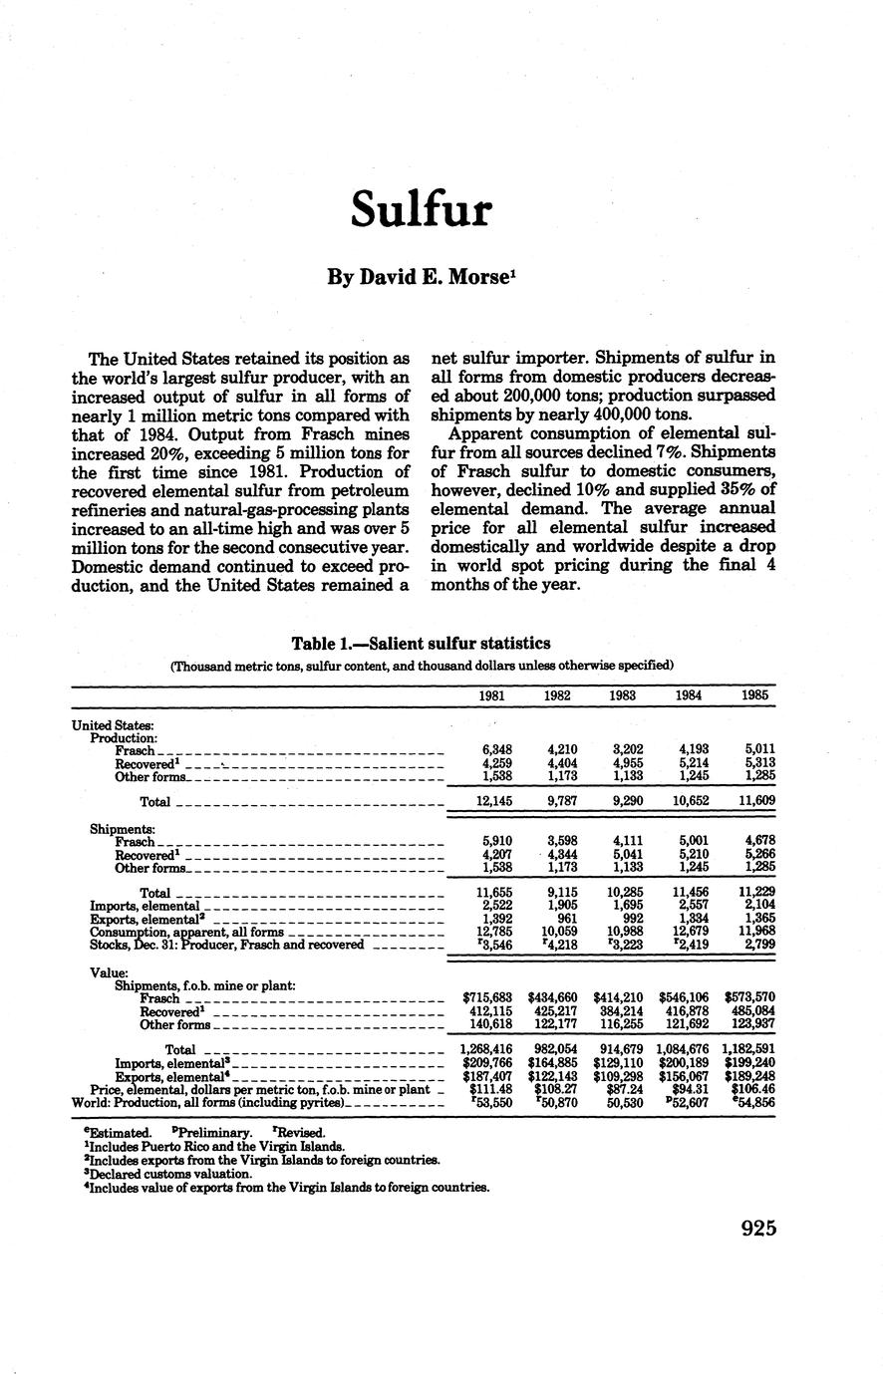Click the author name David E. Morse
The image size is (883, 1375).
[422, 278]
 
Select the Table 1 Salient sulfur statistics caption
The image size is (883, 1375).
[421, 644]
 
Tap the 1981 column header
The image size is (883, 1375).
[490, 695]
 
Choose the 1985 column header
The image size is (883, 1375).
[754, 695]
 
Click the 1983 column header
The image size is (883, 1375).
[623, 695]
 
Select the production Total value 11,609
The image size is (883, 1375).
[754, 801]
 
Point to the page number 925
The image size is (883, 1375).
[758, 1228]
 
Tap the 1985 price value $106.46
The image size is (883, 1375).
[752, 1089]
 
